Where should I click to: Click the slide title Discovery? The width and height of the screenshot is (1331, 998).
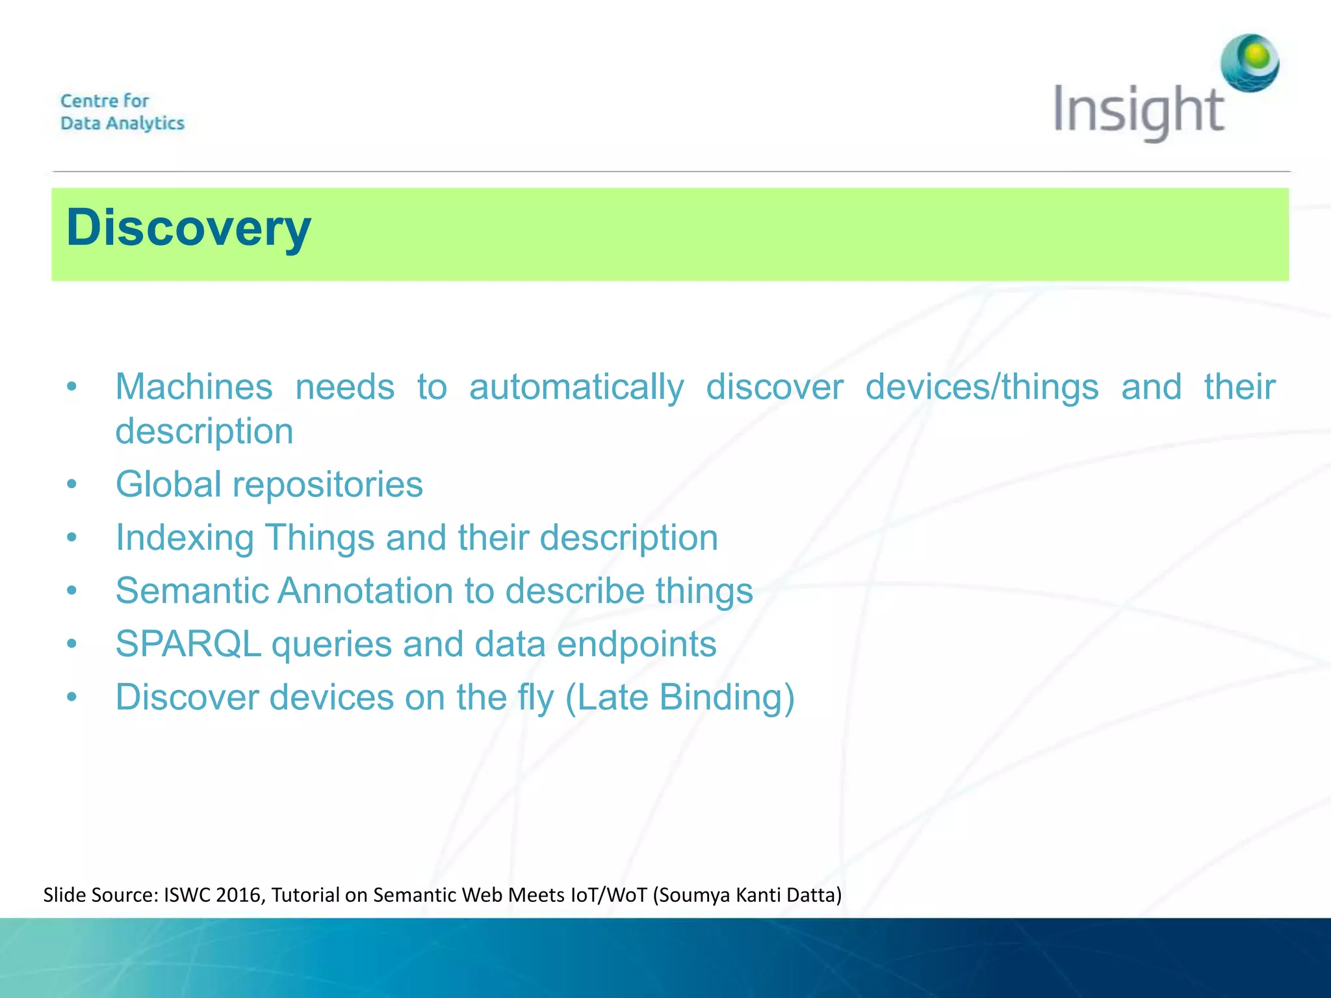pyautogui.click(x=188, y=228)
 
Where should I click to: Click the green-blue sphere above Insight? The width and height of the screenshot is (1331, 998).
pyautogui.click(x=1249, y=63)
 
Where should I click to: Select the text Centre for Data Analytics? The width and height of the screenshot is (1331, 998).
pyautogui.click(x=122, y=112)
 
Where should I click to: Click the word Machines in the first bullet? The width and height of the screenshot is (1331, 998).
pyautogui.click(x=194, y=387)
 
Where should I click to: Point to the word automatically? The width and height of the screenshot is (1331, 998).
pyautogui.click(x=576, y=387)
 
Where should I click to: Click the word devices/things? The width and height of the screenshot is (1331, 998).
pyautogui.click(x=981, y=387)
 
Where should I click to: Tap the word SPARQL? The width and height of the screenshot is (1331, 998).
pyautogui.click(x=188, y=644)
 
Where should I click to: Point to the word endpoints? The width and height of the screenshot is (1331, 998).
pyautogui.click(x=636, y=644)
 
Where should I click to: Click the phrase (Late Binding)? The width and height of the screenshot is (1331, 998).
pyautogui.click(x=680, y=697)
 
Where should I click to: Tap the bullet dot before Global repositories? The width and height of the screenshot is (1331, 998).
pyautogui.click(x=72, y=485)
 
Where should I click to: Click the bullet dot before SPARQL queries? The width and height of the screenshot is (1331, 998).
pyautogui.click(x=72, y=645)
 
